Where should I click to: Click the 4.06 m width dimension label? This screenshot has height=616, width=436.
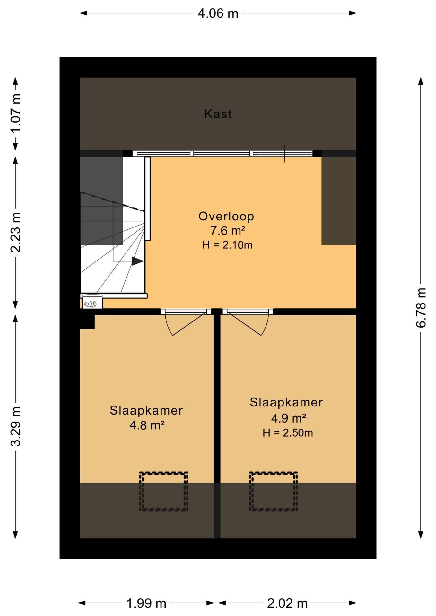[x=218, y=13]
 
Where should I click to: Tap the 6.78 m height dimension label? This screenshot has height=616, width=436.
[x=421, y=308]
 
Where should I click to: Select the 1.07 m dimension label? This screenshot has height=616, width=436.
[x=15, y=113]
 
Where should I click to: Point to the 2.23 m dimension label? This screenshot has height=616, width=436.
[x=15, y=232]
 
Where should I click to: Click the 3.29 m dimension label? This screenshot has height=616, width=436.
[x=15, y=426]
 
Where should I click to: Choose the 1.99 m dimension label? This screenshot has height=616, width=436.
[x=146, y=603]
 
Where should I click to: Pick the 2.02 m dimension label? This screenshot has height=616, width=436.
[x=287, y=603]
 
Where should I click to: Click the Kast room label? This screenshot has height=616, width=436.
[x=218, y=114]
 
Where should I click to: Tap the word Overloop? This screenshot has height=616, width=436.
[x=226, y=216]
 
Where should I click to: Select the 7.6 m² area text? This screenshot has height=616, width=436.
[x=228, y=231]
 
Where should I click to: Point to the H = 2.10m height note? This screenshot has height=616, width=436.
[x=227, y=245]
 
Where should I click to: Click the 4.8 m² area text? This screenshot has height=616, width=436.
[x=147, y=425]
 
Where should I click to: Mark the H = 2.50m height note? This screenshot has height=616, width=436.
[x=288, y=433]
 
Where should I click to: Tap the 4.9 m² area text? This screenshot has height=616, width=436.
[x=289, y=418]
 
